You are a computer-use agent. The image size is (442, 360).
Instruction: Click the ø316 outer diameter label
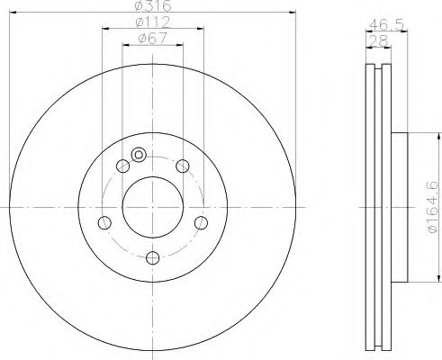pos(153,5)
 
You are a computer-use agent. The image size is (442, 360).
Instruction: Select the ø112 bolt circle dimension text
pos(153,22)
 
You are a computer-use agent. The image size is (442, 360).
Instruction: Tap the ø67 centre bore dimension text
pos(153,39)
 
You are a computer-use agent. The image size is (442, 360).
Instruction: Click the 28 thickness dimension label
pos(379,41)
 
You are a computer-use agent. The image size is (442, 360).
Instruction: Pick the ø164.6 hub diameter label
pos(432,207)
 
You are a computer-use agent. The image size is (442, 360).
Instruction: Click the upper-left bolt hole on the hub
pos(122,166)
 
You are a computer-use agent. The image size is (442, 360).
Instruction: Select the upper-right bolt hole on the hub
pos(183,166)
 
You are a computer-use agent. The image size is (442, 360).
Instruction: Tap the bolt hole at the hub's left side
pos(104,222)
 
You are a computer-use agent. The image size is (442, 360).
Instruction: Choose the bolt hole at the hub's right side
pos(201,222)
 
